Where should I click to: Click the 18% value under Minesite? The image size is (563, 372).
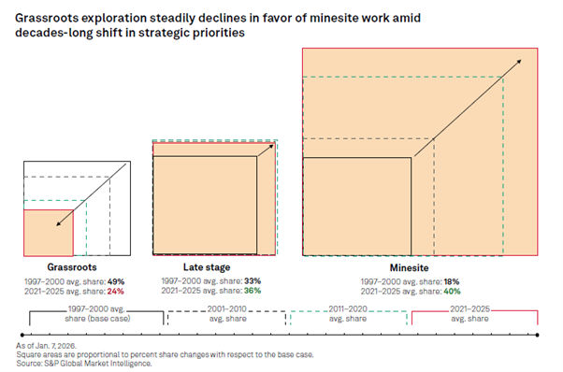coord(455,280)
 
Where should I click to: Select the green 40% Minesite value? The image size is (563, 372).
coord(455,290)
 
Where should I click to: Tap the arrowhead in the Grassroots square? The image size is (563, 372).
coord(59,223)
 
